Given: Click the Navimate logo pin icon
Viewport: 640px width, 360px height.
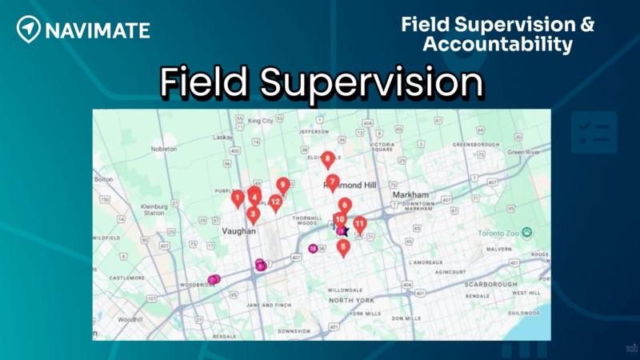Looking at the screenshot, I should [x=28, y=30].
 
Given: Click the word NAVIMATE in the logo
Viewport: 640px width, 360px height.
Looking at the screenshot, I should [x=97, y=30].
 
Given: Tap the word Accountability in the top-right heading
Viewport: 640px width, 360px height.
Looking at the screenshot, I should [x=498, y=44].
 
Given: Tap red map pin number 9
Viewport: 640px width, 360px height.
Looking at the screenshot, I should [x=282, y=186].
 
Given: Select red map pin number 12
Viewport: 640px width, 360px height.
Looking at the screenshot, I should [x=275, y=202].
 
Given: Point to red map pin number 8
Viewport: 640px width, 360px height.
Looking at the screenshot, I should [x=328, y=159].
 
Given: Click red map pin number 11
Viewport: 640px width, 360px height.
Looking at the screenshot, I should [x=360, y=224].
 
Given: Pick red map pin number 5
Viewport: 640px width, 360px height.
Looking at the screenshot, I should [x=344, y=247].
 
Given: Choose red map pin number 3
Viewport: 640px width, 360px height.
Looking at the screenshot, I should [x=254, y=214].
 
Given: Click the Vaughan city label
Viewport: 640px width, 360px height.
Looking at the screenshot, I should [x=238, y=230].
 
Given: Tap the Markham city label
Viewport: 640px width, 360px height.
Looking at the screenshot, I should [x=411, y=194].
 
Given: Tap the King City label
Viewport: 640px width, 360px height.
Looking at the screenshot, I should [x=261, y=121].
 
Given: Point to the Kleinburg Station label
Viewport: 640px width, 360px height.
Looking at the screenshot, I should [x=153, y=210].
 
